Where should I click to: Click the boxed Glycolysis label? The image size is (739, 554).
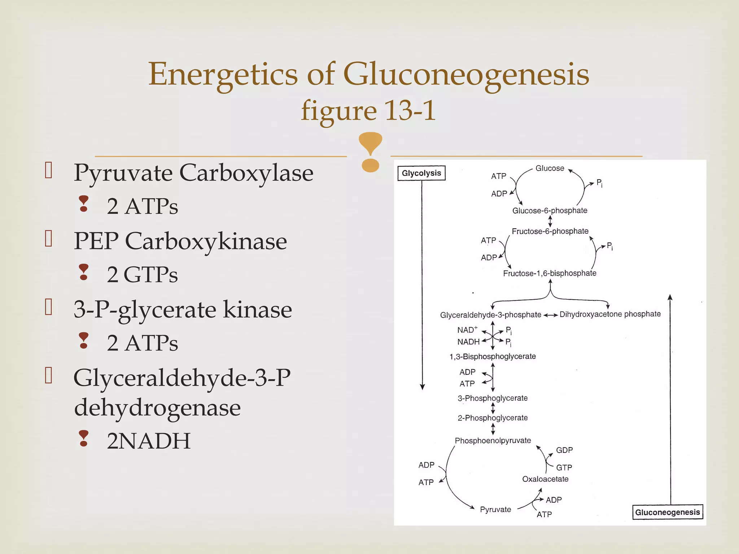[421, 173]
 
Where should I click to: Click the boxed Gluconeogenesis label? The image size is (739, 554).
[667, 512]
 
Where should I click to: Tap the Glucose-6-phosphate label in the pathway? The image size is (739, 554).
[550, 211]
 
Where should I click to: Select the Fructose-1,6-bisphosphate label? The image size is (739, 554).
[550, 273]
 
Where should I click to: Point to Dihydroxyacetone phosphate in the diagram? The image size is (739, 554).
[610, 314]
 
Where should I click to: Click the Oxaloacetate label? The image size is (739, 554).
[545, 479]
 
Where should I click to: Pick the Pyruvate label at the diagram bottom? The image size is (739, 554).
[495, 509]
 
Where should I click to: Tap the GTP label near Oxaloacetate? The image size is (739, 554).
[564, 467]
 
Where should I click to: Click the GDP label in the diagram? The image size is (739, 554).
[564, 450]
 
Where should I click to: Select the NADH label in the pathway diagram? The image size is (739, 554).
[468, 342]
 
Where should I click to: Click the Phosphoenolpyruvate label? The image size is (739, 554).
[493, 440]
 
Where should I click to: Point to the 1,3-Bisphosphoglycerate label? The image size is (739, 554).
[493, 356]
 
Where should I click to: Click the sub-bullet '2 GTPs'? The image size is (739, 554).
[142, 274]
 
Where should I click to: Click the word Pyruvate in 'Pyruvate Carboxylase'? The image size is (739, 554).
[123, 173]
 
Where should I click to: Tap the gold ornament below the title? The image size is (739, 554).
[370, 152]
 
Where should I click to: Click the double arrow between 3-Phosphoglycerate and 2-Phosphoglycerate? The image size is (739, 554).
[493, 408]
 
